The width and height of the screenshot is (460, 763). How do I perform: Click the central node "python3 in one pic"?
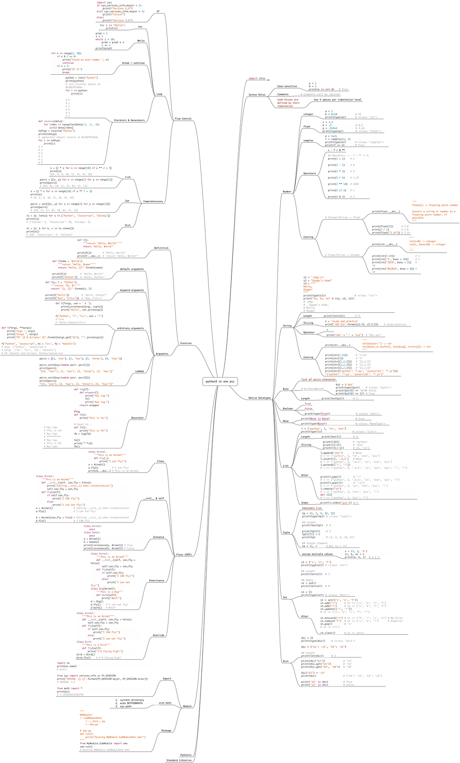220,381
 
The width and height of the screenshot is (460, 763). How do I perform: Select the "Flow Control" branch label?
183,118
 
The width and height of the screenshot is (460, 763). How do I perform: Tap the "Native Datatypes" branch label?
260,398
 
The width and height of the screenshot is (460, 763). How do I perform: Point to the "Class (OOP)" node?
184,555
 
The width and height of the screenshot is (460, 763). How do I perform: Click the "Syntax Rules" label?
257,94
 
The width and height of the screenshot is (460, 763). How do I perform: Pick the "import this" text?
257,78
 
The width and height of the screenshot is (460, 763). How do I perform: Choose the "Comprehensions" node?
153,201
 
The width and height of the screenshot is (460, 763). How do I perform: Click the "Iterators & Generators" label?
129,120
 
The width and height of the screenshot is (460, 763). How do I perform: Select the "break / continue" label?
133,63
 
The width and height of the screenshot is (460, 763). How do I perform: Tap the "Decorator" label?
138,417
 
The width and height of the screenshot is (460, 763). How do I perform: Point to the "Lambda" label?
139,371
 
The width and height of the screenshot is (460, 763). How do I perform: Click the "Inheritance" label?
157,580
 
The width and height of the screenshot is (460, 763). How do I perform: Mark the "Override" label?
159,635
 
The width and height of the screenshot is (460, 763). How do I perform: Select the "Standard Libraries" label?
179,760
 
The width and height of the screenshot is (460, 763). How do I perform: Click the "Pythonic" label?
186,755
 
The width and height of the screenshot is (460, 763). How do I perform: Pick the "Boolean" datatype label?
288,408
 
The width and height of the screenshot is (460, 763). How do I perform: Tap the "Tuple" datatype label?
286,532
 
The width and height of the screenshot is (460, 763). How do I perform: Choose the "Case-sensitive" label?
287,86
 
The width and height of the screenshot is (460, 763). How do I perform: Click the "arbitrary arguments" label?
130,328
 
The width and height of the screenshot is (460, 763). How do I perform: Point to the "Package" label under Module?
166,731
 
